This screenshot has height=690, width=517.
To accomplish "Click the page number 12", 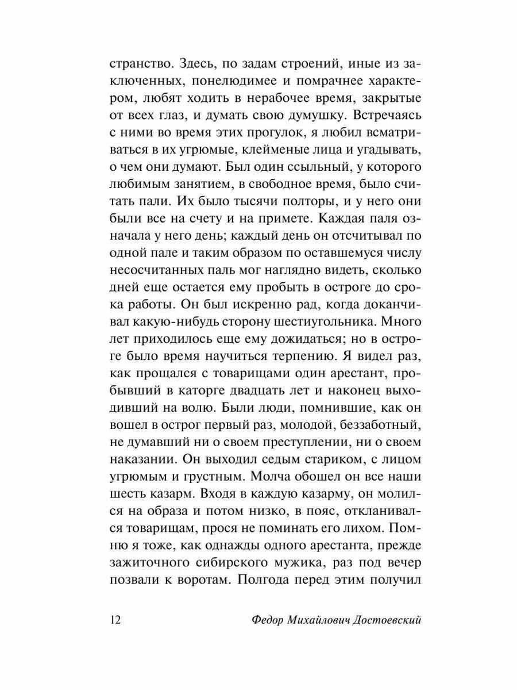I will pos(114,620).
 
